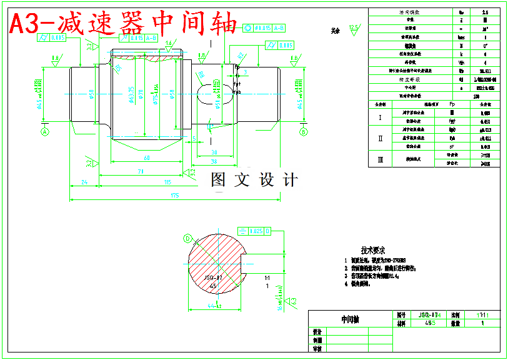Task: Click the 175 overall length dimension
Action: tap(174, 196)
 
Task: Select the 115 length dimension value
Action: tap(167, 182)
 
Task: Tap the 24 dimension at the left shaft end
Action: tap(83, 182)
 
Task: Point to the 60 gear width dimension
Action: tap(146, 157)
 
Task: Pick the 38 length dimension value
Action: tap(214, 161)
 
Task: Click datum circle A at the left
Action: tap(44, 132)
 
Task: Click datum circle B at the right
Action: tap(304, 132)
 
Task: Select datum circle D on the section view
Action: tap(187, 238)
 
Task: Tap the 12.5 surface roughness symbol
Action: tap(354, 28)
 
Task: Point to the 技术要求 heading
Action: tap(373, 250)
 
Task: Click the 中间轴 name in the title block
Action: tap(350, 319)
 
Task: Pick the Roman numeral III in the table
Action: tap(380, 159)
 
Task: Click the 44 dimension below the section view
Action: tap(215, 306)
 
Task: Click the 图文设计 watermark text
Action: tap(254, 180)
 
